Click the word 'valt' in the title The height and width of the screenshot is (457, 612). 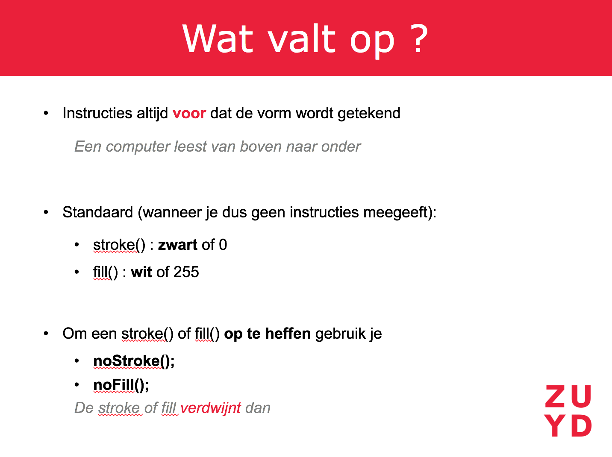click(302, 38)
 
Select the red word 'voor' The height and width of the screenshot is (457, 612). click(189, 114)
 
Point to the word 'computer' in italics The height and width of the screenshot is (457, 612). click(138, 147)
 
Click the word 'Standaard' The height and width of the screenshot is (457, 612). click(97, 212)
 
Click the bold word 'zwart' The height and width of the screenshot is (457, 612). click(178, 245)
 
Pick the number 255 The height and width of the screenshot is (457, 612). click(186, 272)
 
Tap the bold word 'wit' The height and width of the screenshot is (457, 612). click(141, 272)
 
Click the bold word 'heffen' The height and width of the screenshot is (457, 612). click(288, 334)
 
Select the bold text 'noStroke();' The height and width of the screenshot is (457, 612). click(134, 361)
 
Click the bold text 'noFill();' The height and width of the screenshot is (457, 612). click(121, 385)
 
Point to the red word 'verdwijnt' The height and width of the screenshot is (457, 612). click(211, 408)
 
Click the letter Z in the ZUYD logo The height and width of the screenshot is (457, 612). click(555, 396)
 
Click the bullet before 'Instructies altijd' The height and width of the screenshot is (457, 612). click(46, 114)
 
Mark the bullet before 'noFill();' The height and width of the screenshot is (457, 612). click(77, 385)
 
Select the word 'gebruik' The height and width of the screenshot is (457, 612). click(340, 334)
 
